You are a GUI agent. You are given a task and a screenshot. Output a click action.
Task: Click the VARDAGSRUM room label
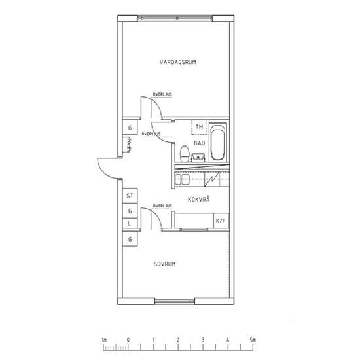coord(178,62)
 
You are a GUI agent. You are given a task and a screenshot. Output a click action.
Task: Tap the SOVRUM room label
coord(165,264)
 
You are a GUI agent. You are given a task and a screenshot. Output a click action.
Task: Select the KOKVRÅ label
coord(199,199)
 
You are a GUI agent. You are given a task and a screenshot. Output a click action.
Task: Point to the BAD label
coord(199,143)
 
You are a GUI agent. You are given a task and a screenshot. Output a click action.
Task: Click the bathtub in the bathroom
coord(217,142)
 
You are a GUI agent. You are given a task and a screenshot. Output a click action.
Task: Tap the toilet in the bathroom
coord(185,154)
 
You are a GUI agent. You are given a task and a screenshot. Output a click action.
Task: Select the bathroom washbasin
coord(198,157)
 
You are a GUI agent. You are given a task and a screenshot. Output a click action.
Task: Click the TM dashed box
coord(199,127)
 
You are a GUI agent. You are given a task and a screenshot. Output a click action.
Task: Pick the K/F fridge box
coord(221,221)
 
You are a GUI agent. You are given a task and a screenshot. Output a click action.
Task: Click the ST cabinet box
coord(130,196)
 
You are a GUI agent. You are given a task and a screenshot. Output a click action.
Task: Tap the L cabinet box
coord(130,223)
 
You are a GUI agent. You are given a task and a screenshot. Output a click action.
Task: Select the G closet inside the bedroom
coord(130,239)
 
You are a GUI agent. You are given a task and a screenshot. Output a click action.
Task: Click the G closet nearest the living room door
coord(130,128)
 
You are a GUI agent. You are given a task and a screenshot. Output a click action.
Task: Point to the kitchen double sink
coord(182,179)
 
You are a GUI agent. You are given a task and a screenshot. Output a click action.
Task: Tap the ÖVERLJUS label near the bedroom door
coord(162,206)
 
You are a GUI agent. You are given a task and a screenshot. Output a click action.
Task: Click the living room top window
coord(175,18)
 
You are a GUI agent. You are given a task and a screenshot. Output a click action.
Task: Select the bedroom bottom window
coord(175,301)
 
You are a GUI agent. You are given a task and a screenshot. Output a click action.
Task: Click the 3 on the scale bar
coord(203,340)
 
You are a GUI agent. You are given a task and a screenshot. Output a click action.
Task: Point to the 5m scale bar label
coord(253,340)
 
